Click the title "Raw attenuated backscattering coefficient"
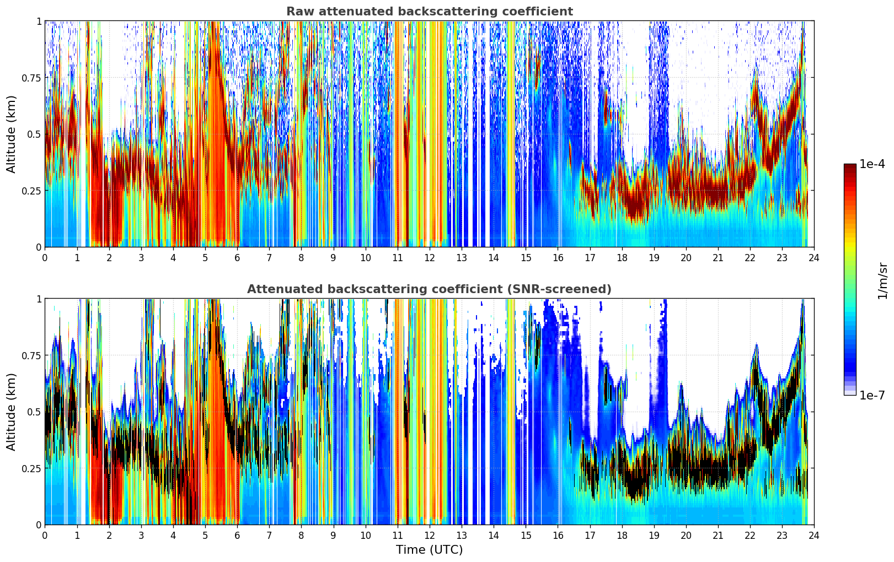429,12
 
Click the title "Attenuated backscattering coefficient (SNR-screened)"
429,289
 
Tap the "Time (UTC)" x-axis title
429,550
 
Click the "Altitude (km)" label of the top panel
12,134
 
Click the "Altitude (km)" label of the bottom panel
12,412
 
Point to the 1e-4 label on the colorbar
872,164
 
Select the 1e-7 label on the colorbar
872,395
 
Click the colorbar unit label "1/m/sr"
882,280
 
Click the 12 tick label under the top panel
430,257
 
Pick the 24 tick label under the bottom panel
814,535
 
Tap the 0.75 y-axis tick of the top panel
31,78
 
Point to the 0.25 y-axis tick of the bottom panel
31,468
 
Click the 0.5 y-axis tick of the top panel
34,134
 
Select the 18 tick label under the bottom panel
622,535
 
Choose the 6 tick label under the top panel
237,257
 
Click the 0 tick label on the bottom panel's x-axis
45,535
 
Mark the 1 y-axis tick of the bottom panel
39,299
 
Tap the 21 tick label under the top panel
718,257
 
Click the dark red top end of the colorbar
850,167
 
